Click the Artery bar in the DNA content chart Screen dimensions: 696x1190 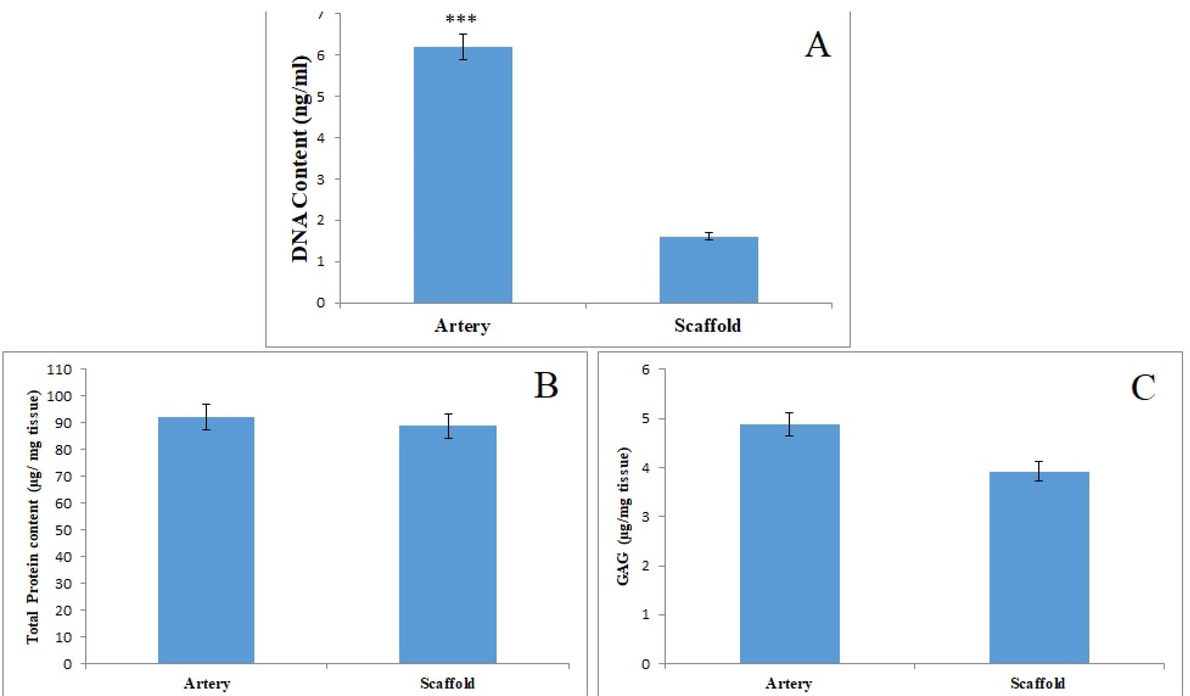(463, 175)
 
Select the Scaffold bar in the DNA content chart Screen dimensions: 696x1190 (708, 270)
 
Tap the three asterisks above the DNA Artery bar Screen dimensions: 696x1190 (461, 19)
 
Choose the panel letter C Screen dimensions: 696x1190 (1143, 388)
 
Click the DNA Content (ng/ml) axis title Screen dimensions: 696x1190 (301, 159)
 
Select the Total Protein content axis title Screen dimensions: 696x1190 (33, 517)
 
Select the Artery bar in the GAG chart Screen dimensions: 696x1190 (789, 544)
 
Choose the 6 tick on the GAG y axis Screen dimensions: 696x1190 (646, 369)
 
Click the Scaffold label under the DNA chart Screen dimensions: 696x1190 (707, 326)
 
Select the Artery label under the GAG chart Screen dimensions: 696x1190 (789, 683)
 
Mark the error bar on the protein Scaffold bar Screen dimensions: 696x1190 (448, 426)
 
